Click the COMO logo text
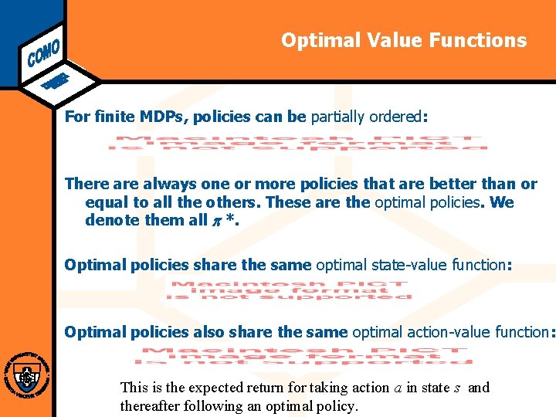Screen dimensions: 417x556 pyautogui.click(x=43, y=49)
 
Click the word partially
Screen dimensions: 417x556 pyautogui.click(x=338, y=117)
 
